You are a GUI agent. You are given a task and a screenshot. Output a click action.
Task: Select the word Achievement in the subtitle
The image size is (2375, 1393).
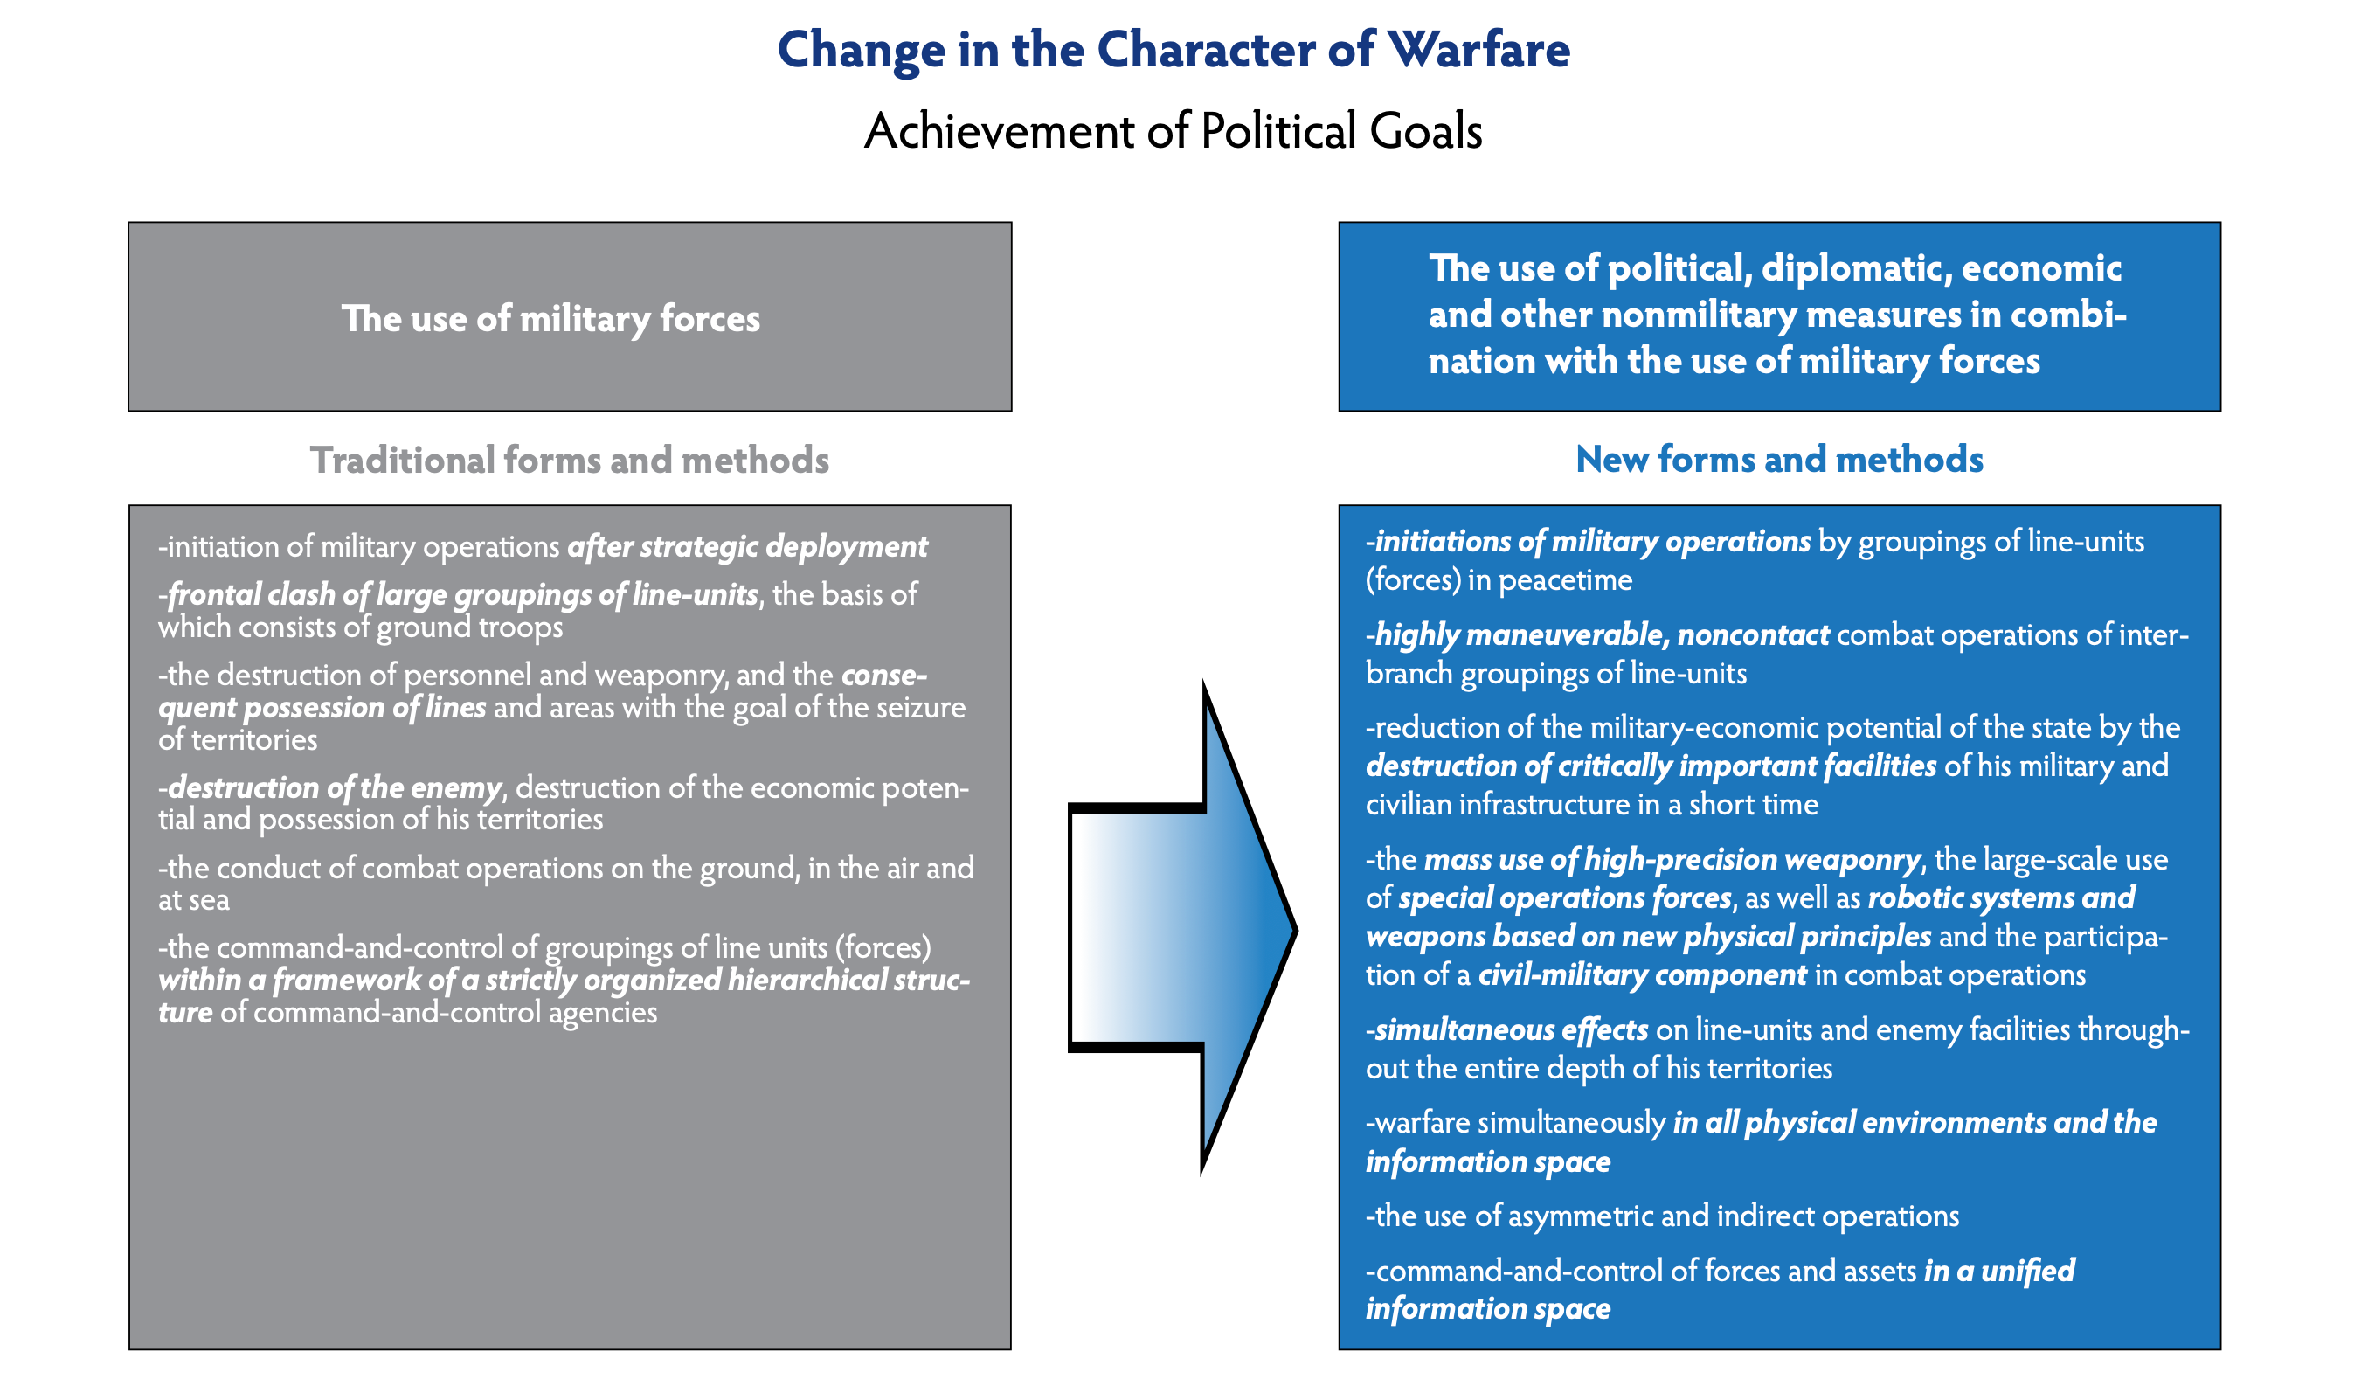point(998,131)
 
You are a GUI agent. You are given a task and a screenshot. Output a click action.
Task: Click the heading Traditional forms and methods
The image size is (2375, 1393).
point(569,461)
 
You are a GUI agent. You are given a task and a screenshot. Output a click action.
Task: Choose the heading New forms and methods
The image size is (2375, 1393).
point(1779,460)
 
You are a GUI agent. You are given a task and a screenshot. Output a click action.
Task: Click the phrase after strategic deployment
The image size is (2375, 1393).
point(747,547)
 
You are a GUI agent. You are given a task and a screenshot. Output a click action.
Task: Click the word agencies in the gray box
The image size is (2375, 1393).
point(603,1013)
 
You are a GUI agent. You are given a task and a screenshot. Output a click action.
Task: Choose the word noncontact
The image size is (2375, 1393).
point(1753,635)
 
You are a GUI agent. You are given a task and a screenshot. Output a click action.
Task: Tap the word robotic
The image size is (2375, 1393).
point(1921,898)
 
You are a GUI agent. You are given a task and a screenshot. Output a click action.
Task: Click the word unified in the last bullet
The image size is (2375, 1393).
point(2028,1272)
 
